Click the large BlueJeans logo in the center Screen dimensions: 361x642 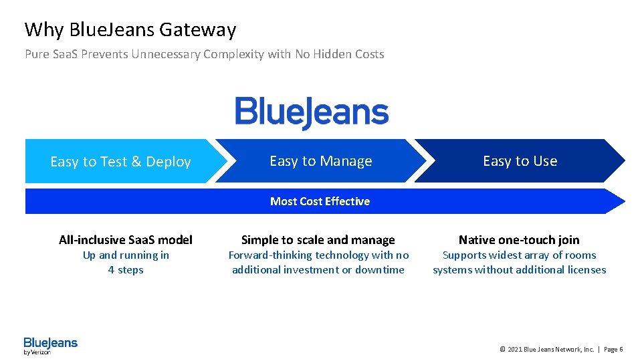coord(312,112)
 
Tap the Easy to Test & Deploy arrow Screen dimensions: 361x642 coord(120,162)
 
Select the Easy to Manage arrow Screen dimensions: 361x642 coord(321,161)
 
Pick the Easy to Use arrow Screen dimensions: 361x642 coord(520,161)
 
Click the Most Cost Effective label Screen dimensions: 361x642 coord(320,201)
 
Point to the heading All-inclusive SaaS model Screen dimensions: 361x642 coord(126,240)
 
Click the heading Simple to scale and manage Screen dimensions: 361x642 coord(318,240)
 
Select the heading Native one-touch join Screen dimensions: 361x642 coord(519,240)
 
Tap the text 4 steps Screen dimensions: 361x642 coord(126,270)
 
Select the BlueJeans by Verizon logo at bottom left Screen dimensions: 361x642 coord(50,346)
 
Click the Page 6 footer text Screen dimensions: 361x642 coord(613,350)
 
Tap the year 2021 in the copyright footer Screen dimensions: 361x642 coord(515,350)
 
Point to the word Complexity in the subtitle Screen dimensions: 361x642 coord(233,54)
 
